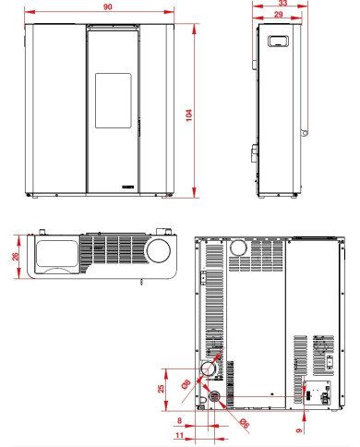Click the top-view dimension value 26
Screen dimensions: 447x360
pyautogui.click(x=16, y=256)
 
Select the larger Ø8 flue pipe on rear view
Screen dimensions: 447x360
pyautogui.click(x=211, y=369)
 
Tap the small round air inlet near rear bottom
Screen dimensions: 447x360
pyautogui.click(x=215, y=398)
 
